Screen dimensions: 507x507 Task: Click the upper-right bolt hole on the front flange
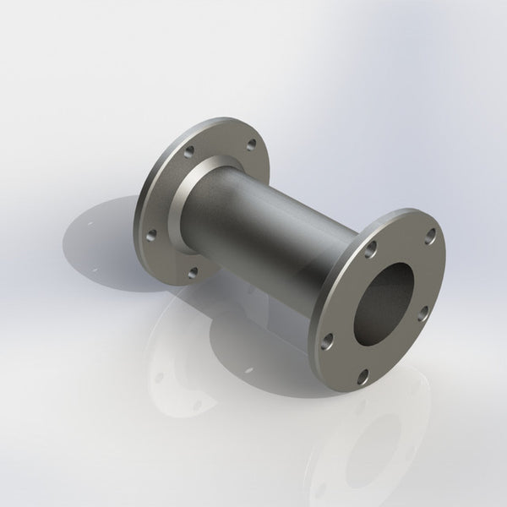coord(430,234)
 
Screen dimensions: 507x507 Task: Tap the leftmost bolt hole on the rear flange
coord(152,235)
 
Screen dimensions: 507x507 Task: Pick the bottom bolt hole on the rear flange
coord(194,272)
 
